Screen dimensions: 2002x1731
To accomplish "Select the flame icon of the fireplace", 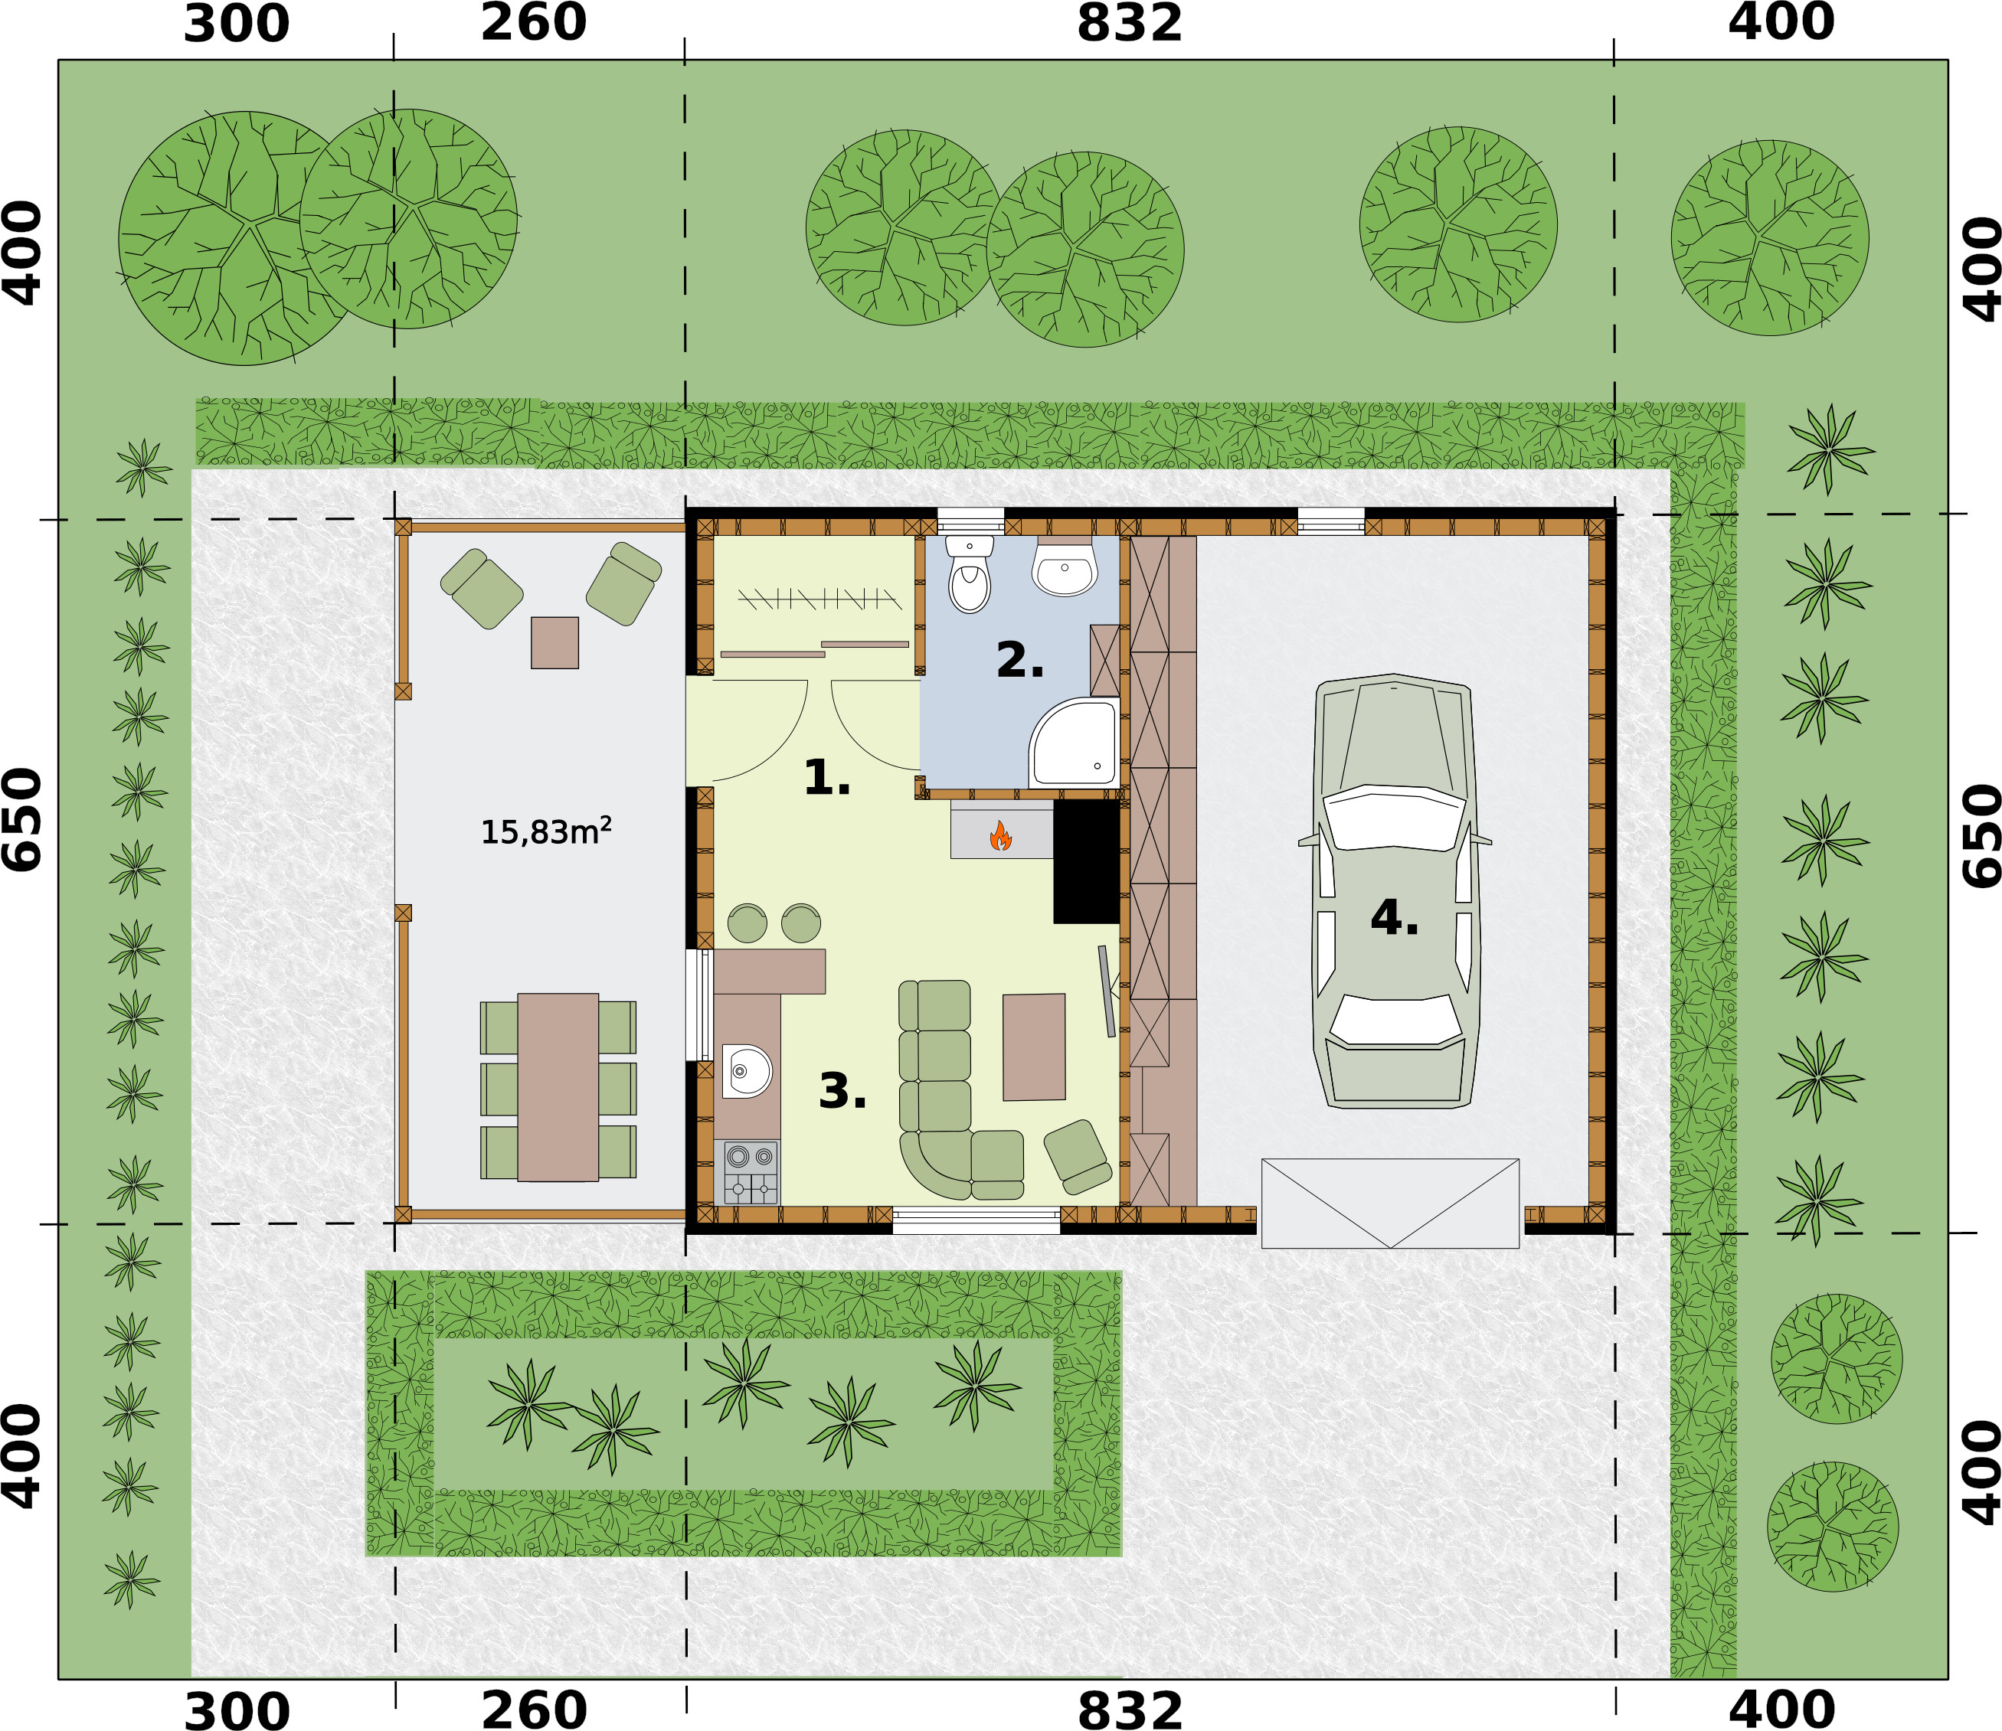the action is coord(1000,835).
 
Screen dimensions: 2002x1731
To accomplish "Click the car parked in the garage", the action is coord(1394,890).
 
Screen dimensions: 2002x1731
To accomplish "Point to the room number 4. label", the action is coord(1394,918).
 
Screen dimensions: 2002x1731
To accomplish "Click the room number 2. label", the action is coord(1019,661).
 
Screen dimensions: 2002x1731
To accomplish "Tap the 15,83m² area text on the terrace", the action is coord(546,831).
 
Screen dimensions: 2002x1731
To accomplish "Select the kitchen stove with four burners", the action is coord(751,1171).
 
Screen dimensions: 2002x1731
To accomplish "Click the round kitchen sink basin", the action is coord(746,1071).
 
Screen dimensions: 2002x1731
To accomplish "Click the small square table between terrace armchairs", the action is coord(554,642).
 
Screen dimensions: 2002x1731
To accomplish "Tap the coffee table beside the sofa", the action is coord(1034,1047).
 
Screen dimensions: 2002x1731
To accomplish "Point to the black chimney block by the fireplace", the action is coord(1086,861).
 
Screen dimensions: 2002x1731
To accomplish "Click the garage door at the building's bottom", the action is coord(1390,1204).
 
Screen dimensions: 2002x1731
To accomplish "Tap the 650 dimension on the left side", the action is coord(22,819).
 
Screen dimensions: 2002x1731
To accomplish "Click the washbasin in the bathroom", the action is coord(1064,568).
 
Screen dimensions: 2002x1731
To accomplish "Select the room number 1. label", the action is coord(827,778).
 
